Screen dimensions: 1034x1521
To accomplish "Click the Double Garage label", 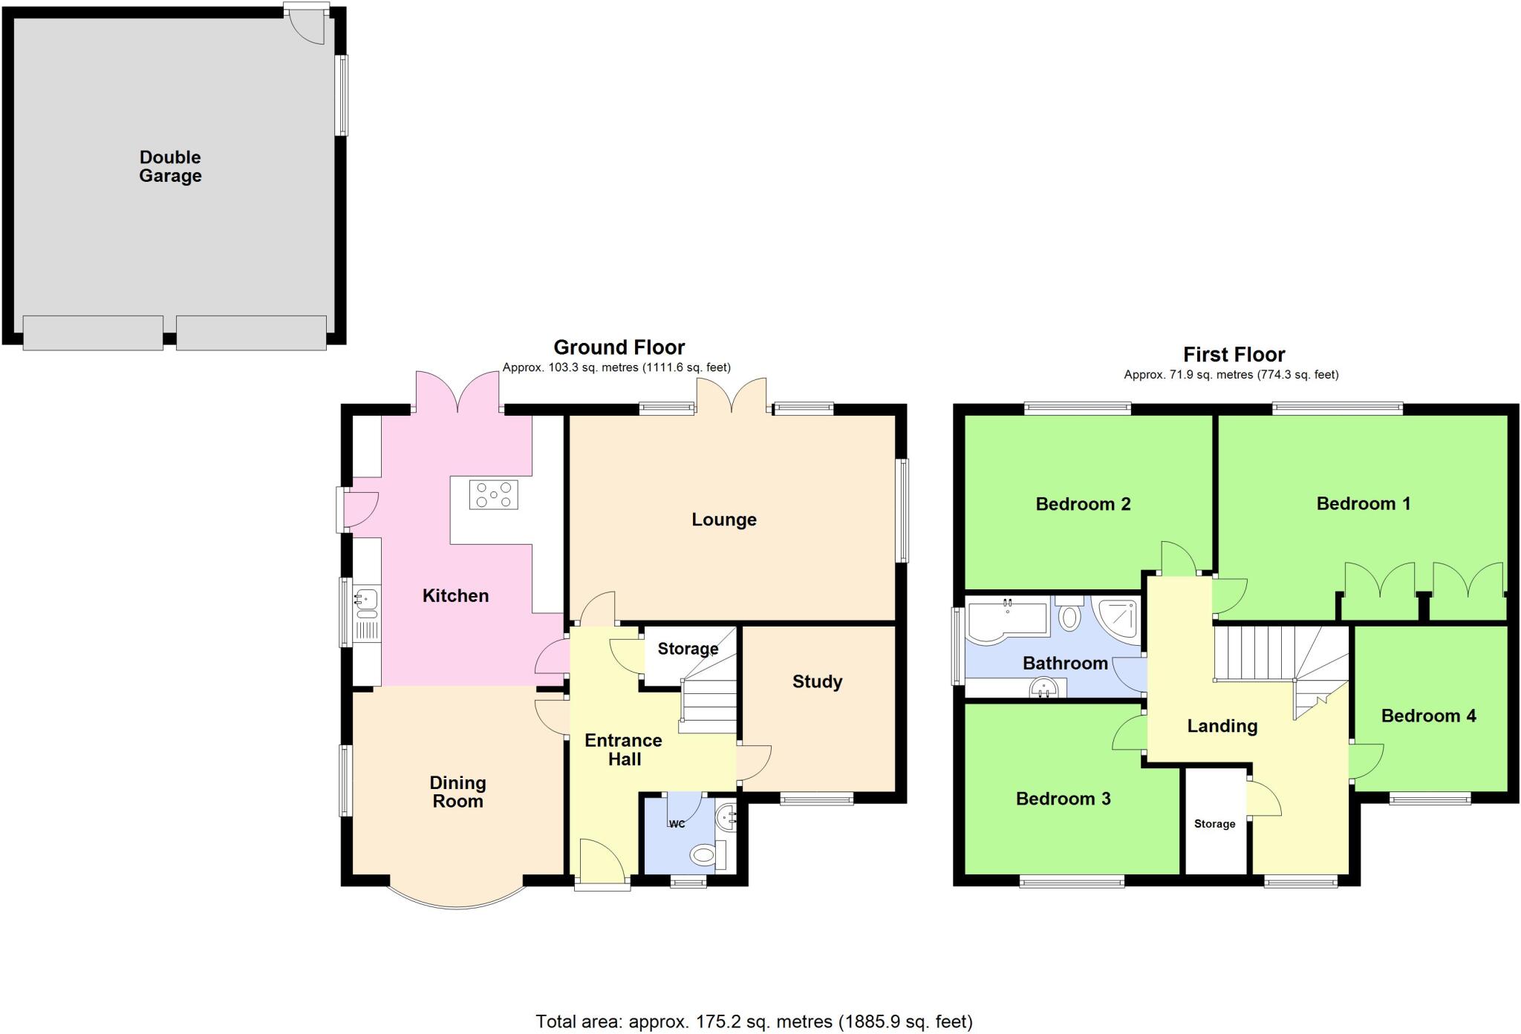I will point(170,166).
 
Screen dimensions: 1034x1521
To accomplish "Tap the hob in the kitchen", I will point(493,495).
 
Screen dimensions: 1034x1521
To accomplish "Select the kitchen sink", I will point(366,603).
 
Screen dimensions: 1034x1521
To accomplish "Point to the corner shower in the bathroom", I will point(1117,618).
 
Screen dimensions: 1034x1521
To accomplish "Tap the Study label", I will point(817,681).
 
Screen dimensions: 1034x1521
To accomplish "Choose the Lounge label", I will point(724,520).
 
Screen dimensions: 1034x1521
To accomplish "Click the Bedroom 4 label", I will point(1428,716).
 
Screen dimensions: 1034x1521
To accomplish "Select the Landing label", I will point(1222,726).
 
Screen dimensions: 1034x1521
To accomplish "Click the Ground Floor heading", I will point(619,347).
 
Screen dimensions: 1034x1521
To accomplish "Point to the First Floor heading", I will point(1234,354).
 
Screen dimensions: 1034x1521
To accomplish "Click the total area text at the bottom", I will point(754,1022).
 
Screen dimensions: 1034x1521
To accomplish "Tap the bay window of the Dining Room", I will point(457,900).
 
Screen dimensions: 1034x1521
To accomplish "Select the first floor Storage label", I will point(1214,824).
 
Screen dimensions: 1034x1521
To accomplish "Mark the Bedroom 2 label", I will point(1083,505).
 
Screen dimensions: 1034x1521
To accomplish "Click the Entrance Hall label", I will point(624,750).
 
